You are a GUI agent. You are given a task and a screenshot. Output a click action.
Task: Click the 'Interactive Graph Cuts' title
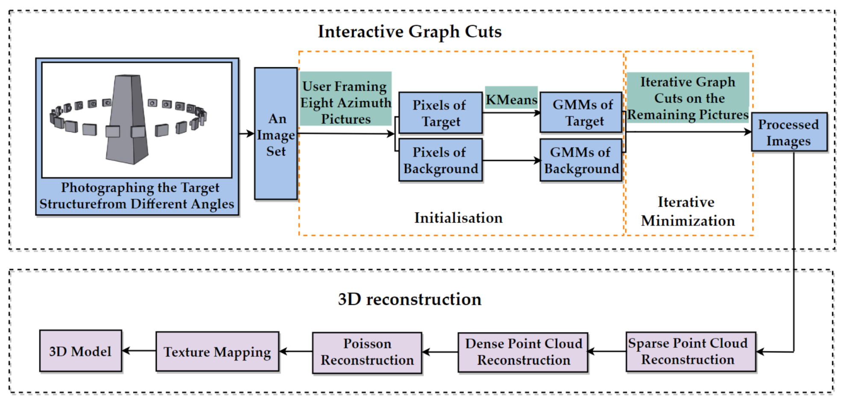click(x=409, y=32)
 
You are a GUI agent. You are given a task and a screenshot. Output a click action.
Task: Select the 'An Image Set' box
click(x=275, y=134)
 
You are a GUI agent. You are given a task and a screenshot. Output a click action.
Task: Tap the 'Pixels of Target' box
click(x=440, y=113)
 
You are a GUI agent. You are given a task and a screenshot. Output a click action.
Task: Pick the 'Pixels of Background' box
click(x=440, y=160)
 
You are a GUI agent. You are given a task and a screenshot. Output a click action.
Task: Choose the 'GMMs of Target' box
click(x=581, y=113)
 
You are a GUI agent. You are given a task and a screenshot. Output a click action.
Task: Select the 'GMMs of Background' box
click(x=581, y=160)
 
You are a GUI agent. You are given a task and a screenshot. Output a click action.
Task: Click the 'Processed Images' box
click(x=788, y=132)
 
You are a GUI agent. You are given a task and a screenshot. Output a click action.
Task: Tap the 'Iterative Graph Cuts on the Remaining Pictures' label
click(x=688, y=98)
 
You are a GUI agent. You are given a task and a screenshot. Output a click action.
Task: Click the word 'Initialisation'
click(x=458, y=218)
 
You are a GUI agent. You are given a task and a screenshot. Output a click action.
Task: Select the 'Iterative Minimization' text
click(x=688, y=212)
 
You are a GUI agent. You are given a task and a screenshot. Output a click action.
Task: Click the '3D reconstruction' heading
click(x=409, y=299)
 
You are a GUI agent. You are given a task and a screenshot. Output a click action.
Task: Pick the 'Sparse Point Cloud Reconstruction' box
click(x=690, y=351)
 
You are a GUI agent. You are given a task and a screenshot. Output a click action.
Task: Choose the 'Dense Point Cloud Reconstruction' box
click(x=523, y=352)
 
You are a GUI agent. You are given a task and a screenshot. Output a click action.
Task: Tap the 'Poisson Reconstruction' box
click(x=367, y=352)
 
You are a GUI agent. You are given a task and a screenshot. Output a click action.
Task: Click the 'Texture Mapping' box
click(x=217, y=351)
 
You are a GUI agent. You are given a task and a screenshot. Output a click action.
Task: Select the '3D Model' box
click(x=80, y=351)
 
